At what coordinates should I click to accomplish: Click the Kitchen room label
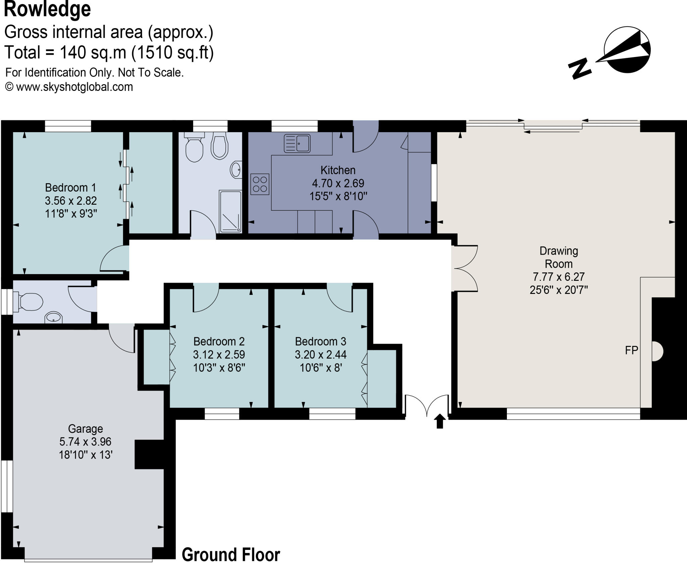(x=338, y=170)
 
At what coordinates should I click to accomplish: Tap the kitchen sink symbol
(x=297, y=143)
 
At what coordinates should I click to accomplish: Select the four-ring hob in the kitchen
(x=260, y=184)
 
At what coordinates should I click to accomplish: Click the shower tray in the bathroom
(x=230, y=212)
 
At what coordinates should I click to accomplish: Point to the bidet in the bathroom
(x=219, y=147)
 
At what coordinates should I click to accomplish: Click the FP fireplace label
(x=631, y=350)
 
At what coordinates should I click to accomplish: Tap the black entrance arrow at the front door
(x=440, y=421)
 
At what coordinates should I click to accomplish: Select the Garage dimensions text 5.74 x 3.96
(x=85, y=442)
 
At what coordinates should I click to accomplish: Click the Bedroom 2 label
(x=219, y=342)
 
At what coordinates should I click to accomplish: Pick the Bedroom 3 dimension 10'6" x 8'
(x=320, y=368)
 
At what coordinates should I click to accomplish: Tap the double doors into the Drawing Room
(x=465, y=268)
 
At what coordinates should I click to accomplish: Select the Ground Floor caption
(x=231, y=554)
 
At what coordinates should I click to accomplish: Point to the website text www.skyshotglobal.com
(x=74, y=87)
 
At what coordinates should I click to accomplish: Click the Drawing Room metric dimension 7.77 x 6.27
(x=559, y=277)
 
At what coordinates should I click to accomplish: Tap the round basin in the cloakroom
(x=53, y=317)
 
